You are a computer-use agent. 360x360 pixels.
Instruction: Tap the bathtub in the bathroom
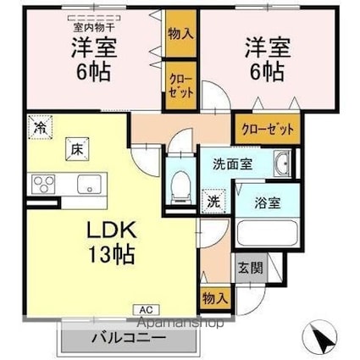[264, 235]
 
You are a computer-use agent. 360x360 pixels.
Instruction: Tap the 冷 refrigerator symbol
[39, 128]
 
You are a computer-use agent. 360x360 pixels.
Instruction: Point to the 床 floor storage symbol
[75, 151]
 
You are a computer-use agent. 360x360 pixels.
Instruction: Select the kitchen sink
[87, 185]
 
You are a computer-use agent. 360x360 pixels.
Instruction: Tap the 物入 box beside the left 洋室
[179, 34]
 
